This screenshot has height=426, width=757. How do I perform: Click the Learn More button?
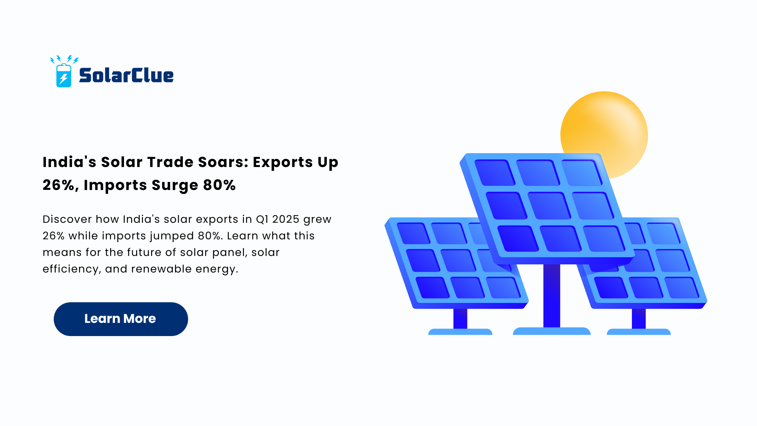point(121,319)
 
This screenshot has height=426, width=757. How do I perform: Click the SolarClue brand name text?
point(126,75)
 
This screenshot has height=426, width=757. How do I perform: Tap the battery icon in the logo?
point(64,75)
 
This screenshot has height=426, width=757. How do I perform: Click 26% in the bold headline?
point(60,186)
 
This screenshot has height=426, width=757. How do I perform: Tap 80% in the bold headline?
point(219,185)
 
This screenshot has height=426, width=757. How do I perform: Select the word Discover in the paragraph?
point(67,219)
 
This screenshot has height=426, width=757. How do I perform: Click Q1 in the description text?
point(262,219)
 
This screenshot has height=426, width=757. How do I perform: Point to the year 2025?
point(286,219)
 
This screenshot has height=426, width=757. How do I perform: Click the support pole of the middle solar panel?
point(552,295)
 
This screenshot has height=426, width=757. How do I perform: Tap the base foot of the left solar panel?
point(460,332)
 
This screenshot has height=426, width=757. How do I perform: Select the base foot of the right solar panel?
point(639,332)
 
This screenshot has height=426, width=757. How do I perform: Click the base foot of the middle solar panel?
point(552,331)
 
